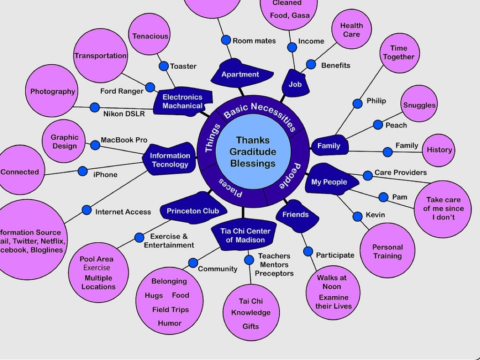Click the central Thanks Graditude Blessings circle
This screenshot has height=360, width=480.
click(253, 151)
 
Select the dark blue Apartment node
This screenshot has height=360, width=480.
click(240, 75)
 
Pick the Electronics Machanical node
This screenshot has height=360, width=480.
click(182, 101)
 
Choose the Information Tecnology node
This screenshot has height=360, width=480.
click(170, 160)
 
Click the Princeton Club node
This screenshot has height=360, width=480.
click(193, 211)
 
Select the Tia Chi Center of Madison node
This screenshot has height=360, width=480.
click(245, 235)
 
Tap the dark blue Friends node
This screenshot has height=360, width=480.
click(295, 215)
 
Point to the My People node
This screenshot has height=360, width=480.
click(329, 182)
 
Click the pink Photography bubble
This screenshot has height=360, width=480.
click(52, 91)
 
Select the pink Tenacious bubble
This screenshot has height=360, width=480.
click(150, 36)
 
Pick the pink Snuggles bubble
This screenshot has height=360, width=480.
click(419, 105)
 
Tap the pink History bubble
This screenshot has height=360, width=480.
click(439, 150)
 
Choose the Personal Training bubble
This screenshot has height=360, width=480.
click(387, 251)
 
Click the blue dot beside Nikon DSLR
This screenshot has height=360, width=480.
click(95, 107)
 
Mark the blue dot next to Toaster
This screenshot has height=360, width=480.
click(164, 66)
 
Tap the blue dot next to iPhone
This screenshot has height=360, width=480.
click(82, 171)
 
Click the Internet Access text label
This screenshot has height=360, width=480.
click(123, 212)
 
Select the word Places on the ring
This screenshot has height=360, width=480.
click(231, 187)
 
